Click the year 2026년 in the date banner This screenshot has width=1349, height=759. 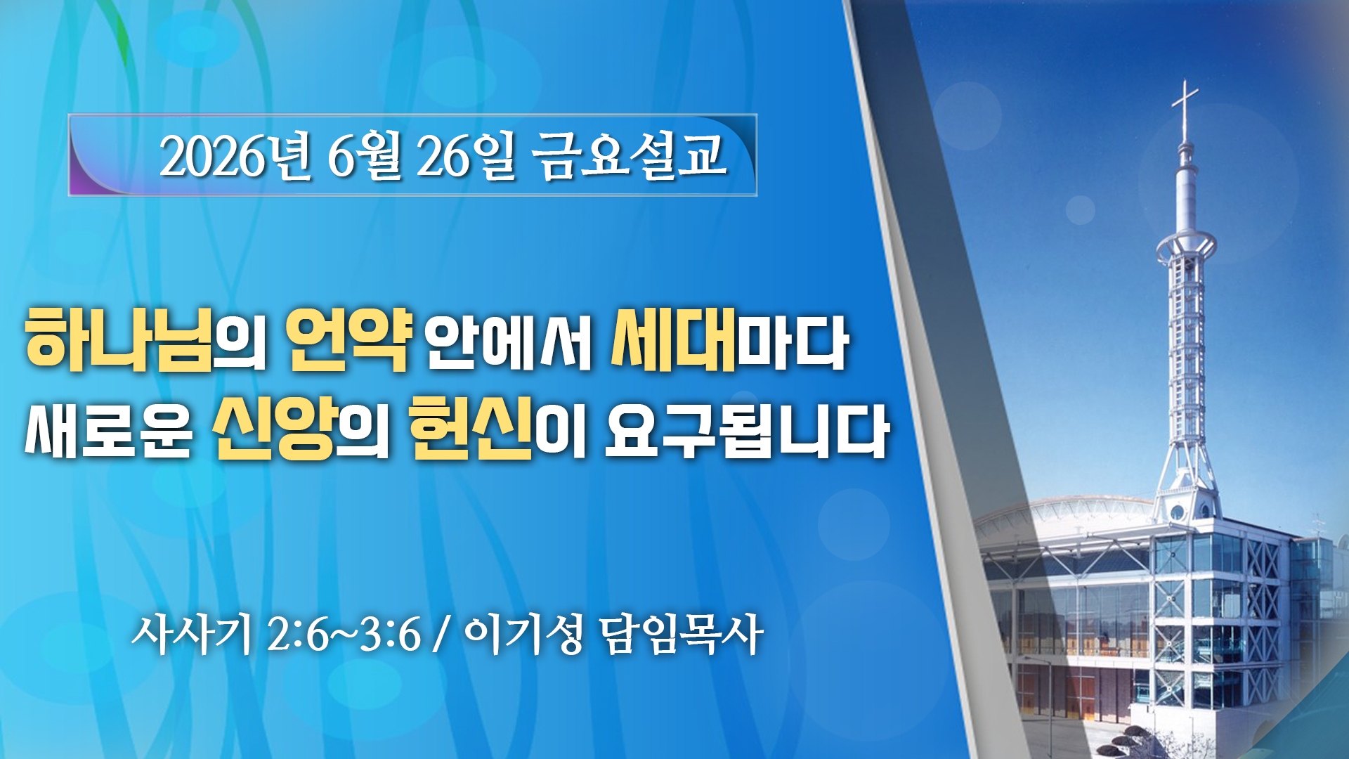coord(235,155)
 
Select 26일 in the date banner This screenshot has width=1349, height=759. coord(466,155)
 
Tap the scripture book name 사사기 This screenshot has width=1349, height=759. coord(191,634)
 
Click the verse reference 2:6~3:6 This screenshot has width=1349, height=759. coord(344,635)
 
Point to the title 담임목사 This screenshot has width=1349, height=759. coord(682,634)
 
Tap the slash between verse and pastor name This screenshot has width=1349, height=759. coord(442,635)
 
